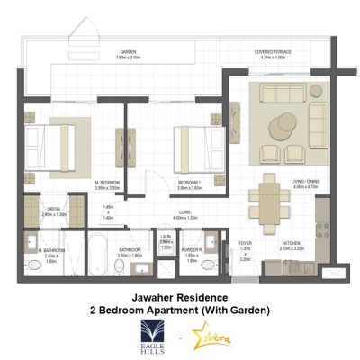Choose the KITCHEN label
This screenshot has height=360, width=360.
(292, 245)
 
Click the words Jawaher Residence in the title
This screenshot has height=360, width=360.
(180, 296)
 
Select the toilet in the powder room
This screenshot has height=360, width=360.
(209, 266)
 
